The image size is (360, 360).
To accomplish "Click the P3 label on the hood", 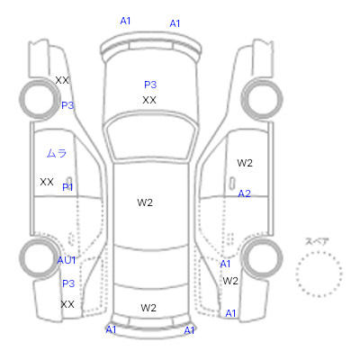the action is (150, 85).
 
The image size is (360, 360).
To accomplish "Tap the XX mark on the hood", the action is (149, 100).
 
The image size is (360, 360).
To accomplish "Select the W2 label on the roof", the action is (145, 202).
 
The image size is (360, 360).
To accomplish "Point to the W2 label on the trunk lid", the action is (148, 308).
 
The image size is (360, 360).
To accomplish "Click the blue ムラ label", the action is (57, 153).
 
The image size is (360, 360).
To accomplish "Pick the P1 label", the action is (67, 187).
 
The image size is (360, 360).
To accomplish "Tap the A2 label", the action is (244, 193).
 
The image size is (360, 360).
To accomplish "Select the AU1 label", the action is (67, 260).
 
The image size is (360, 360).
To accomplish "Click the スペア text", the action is (317, 241).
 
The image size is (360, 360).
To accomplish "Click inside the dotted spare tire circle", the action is (319, 274).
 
